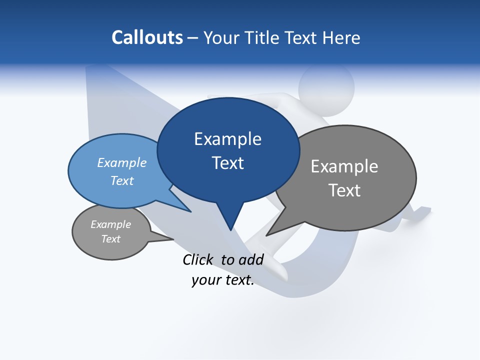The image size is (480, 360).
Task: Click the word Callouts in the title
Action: [x=147, y=37]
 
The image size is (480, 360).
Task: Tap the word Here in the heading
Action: [x=341, y=37]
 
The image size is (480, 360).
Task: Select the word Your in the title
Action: [x=221, y=38]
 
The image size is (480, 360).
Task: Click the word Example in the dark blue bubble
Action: [x=227, y=139]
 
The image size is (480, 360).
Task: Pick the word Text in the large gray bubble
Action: [x=344, y=190]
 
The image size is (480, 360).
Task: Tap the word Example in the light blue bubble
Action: [x=122, y=162]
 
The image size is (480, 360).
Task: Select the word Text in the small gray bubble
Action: [x=111, y=239]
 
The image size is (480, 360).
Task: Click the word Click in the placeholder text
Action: [x=199, y=259]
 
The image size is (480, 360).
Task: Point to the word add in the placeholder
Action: [x=250, y=259]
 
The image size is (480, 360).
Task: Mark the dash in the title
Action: [x=193, y=38]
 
